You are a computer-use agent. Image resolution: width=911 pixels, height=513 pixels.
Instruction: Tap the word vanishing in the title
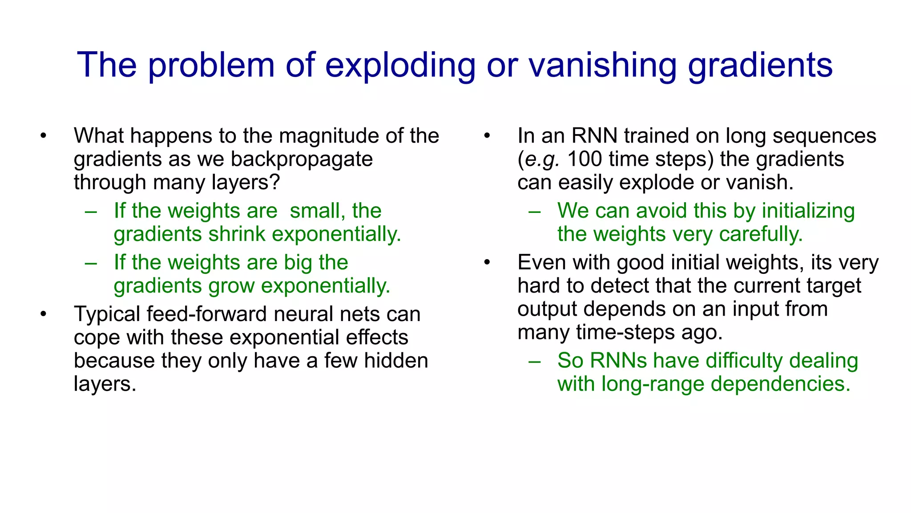(602, 65)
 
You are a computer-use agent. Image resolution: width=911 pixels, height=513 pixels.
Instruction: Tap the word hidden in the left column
(396, 361)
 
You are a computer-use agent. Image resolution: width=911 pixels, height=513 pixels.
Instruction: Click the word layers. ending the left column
(105, 384)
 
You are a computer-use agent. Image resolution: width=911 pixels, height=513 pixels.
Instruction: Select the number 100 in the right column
(584, 159)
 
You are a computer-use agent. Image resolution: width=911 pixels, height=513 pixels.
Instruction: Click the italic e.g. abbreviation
(542, 159)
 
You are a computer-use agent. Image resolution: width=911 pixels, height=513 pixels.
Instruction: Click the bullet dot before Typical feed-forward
(43, 315)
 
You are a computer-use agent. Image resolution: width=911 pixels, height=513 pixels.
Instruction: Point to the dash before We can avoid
(535, 212)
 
